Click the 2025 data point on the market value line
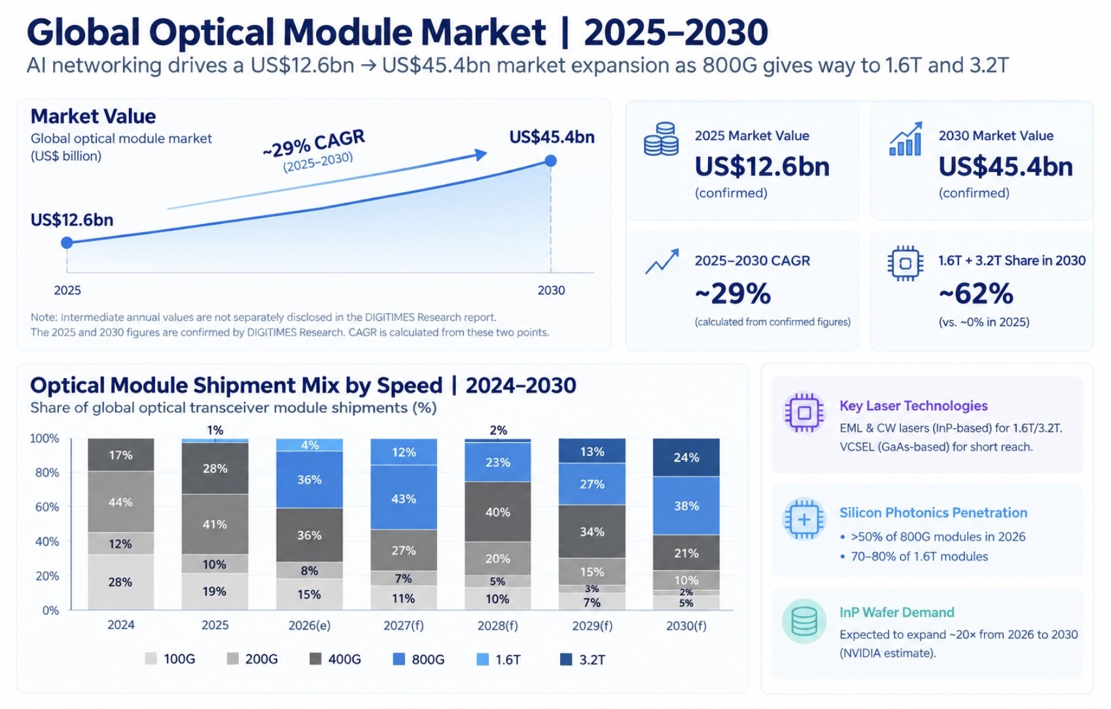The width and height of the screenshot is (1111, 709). (67, 243)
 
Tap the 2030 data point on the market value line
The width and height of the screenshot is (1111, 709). (550, 161)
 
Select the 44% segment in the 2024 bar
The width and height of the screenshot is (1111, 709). (120, 502)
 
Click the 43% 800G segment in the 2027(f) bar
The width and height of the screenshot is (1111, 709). (404, 498)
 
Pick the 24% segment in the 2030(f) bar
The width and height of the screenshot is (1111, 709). (686, 457)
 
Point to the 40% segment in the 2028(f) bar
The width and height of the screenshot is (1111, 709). (497, 511)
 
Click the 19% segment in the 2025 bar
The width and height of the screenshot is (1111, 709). (215, 591)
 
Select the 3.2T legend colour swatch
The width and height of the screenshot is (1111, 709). (566, 659)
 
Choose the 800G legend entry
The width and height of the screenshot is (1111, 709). (419, 659)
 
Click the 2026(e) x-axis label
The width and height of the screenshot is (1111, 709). (309, 625)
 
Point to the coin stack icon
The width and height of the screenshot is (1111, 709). (661, 139)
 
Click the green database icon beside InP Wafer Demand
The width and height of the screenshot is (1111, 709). (804, 621)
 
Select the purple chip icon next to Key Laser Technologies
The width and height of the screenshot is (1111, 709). (804, 413)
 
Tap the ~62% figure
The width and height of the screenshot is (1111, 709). (976, 294)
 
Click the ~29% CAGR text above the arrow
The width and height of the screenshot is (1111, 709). (314, 143)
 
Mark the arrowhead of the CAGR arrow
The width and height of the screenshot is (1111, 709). (480, 155)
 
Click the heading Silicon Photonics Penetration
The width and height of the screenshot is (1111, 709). (933, 513)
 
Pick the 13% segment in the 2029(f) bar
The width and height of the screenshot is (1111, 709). (591, 451)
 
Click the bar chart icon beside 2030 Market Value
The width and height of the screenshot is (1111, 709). (906, 139)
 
